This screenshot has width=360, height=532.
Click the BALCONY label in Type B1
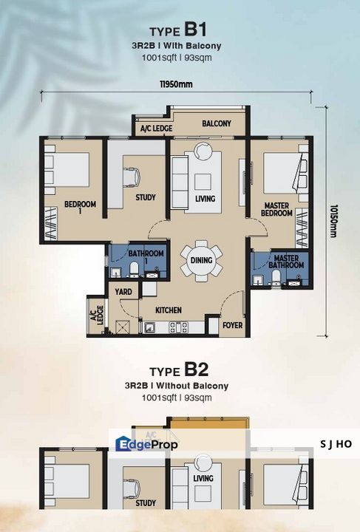(x=217, y=123)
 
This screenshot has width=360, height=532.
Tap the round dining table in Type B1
(x=201, y=261)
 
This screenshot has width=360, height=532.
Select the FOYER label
(x=232, y=325)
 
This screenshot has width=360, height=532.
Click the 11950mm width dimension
(x=176, y=84)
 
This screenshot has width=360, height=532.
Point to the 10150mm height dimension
(x=333, y=221)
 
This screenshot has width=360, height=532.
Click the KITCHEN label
(x=169, y=310)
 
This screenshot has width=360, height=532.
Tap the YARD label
(x=123, y=292)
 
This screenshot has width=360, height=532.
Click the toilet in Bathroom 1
(x=134, y=268)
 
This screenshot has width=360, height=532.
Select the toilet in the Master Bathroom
(x=276, y=277)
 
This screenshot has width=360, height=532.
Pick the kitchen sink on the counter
(x=149, y=327)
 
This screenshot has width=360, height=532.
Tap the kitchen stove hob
(x=178, y=327)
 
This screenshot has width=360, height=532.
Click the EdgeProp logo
(x=146, y=444)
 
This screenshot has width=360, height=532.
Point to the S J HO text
(x=336, y=444)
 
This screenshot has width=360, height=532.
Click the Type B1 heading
(x=178, y=30)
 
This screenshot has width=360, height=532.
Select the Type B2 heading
(x=179, y=370)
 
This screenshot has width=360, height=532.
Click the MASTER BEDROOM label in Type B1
(x=276, y=209)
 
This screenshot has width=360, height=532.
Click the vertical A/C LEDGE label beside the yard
(x=97, y=316)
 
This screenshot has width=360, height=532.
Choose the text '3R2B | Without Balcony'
(x=177, y=386)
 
